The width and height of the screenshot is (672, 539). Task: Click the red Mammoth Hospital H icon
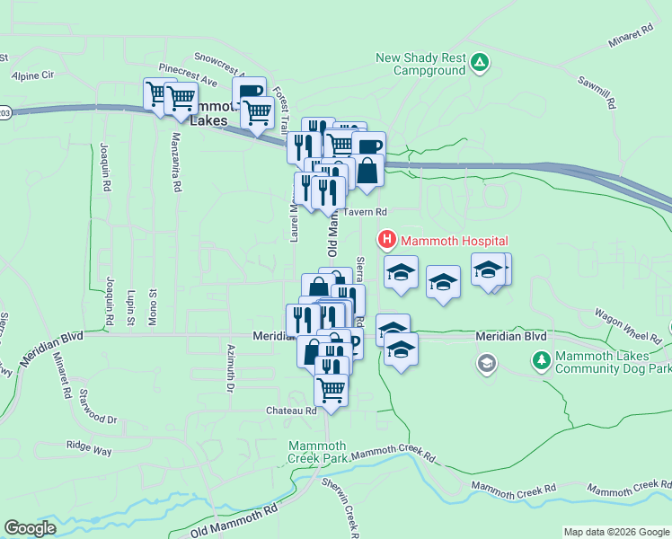[x=386, y=240]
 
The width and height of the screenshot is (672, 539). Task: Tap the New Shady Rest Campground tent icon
[x=481, y=62]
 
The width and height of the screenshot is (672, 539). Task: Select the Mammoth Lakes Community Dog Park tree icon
[x=541, y=361]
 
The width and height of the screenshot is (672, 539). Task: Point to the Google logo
[x=31, y=528]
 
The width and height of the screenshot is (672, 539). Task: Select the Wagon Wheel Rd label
[x=628, y=325]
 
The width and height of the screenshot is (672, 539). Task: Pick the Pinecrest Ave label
[x=188, y=75]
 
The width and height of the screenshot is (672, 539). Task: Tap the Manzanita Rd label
[x=176, y=162]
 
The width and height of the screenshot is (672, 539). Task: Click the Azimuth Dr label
[x=231, y=368]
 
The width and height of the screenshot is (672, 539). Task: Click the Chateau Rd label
[x=291, y=411]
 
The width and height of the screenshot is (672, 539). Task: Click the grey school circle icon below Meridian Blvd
[x=486, y=363]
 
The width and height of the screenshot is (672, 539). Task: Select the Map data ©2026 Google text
[x=615, y=532]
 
